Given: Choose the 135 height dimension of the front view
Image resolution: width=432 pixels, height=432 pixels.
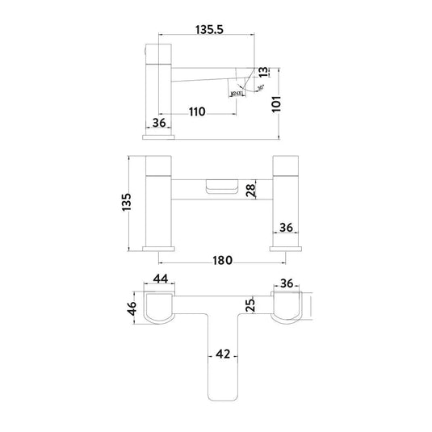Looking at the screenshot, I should tap(125, 203).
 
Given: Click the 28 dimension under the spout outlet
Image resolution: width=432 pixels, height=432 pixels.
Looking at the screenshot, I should tap(251, 191).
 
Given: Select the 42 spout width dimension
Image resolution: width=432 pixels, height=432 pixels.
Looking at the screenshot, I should tap(223, 354).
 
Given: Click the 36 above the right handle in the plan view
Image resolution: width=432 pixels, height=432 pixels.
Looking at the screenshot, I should tap(288, 283).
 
